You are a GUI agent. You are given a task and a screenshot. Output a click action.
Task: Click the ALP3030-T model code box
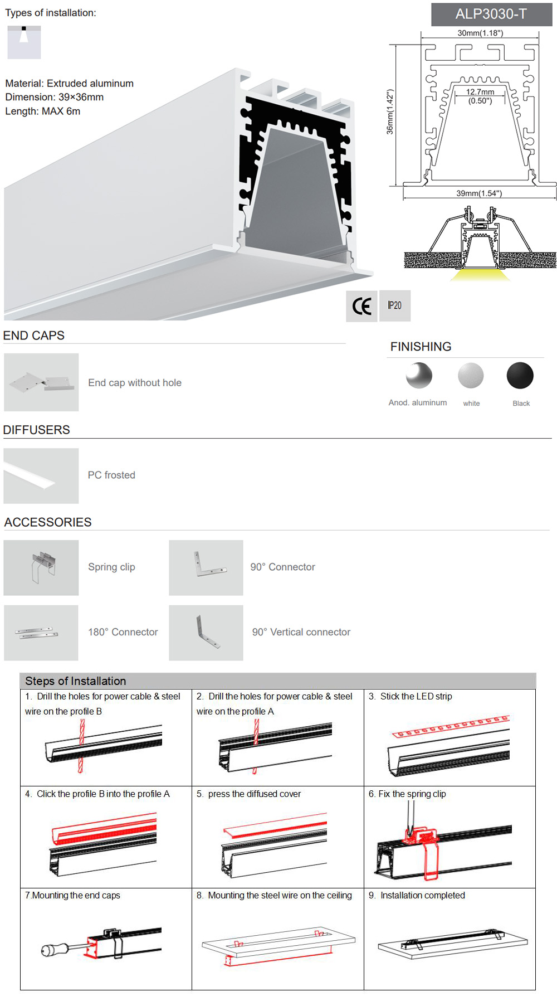tap(491, 14)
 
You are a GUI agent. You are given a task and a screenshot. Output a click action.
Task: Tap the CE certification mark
tap(361, 306)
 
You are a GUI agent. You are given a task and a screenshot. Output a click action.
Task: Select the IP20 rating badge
tap(395, 305)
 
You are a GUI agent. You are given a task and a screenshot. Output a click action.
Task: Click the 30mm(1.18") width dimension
tap(480, 33)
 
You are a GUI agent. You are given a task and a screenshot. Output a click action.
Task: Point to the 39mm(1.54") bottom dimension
tap(479, 193)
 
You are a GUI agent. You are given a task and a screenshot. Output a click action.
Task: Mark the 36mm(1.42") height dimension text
tap(390, 112)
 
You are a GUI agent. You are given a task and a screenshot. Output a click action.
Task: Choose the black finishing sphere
tap(520, 375)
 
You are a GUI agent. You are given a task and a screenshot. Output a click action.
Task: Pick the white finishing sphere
tap(471, 375)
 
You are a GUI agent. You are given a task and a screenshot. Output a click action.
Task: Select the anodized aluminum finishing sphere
tap(419, 375)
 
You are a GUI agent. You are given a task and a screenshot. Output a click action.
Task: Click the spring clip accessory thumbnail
tap(41, 567)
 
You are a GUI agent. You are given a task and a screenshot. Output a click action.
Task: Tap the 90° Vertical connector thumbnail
tap(206, 633)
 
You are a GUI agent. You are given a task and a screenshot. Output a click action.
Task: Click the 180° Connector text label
tap(123, 632)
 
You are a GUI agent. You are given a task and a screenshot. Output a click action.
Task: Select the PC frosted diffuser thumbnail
tap(41, 476)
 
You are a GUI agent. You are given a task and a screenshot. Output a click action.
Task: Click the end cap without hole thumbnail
tap(41, 382)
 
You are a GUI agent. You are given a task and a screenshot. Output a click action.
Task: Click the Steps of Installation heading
tap(76, 681)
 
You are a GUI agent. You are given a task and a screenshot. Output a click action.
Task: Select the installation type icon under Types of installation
tap(24, 42)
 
